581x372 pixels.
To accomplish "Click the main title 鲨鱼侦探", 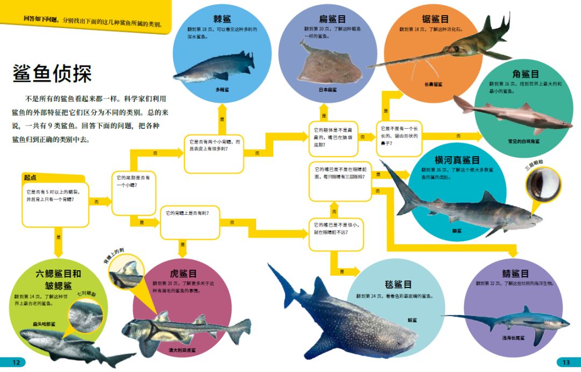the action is [x=52, y=73].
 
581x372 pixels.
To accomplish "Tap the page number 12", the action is [x=16, y=362].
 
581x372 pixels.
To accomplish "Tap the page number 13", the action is [x=565, y=362].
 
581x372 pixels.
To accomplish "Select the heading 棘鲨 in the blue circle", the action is [x=222, y=19].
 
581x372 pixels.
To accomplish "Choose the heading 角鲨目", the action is [x=525, y=74].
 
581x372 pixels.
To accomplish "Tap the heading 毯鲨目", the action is [x=398, y=284].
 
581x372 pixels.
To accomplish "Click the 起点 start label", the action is [x=31, y=177].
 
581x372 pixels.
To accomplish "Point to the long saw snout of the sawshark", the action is [x=409, y=60].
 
